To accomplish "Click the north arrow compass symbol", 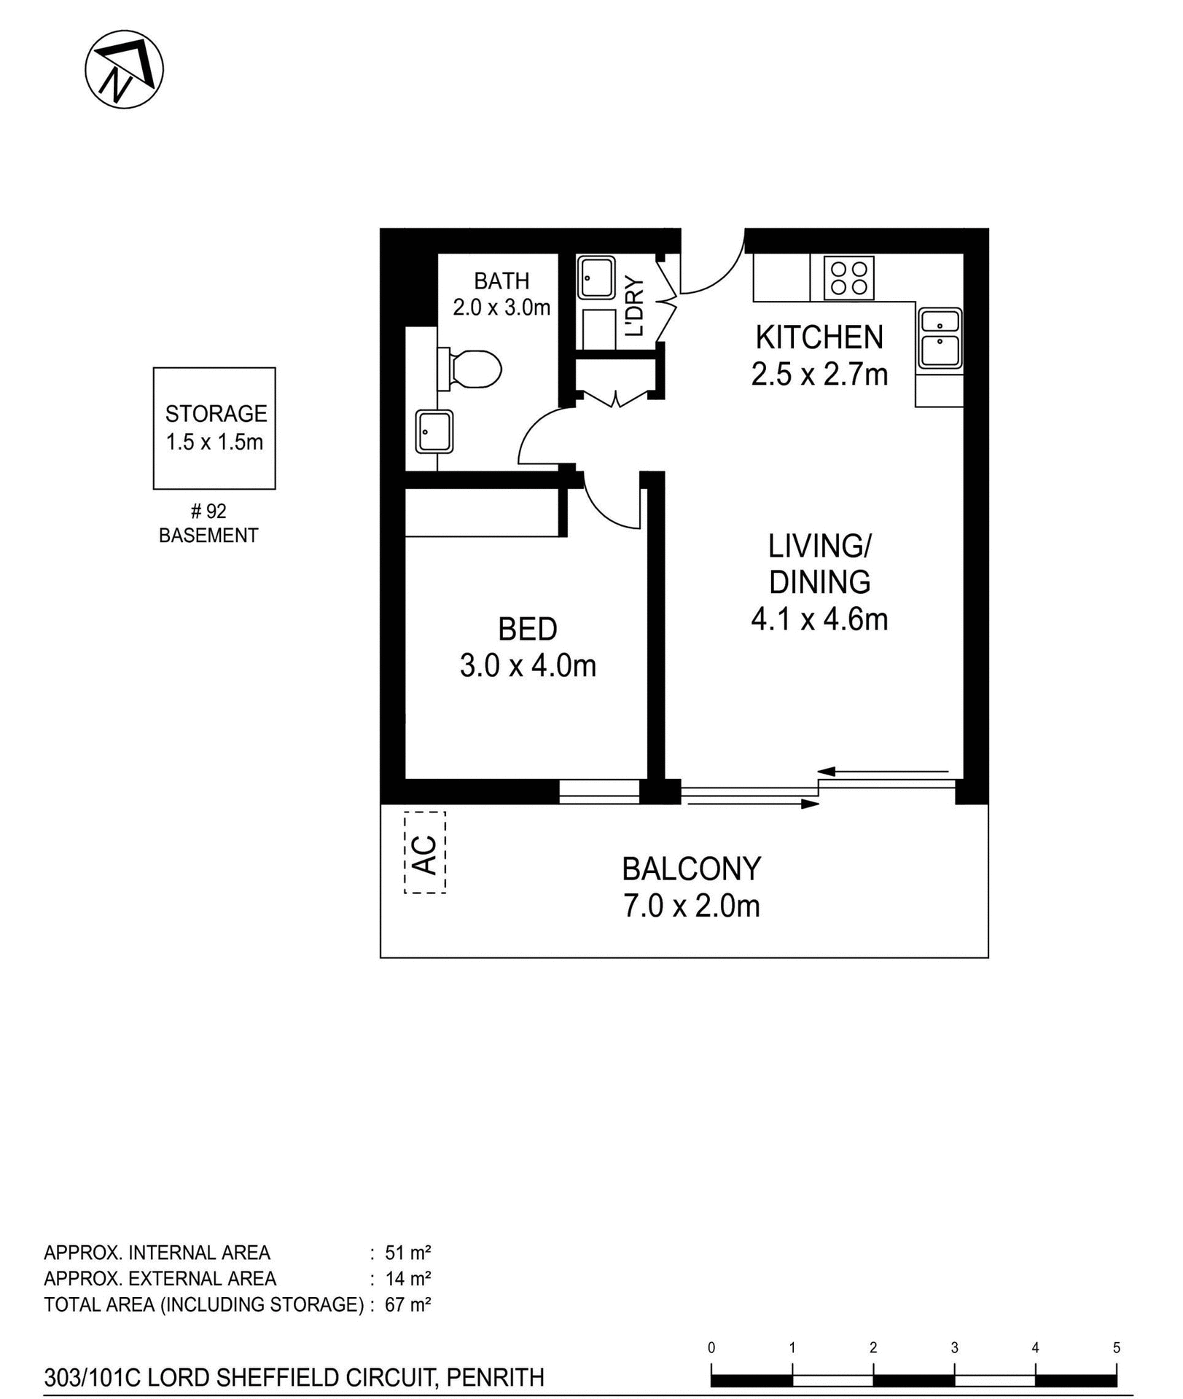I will coord(124,70).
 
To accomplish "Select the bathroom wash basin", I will coord(434,431).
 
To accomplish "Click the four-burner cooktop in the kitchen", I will coord(848,278).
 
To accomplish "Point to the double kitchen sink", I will coord(940,339).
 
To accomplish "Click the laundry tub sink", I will coord(596,278).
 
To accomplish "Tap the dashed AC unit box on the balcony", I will coord(425,853).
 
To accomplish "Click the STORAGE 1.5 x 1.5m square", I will coord(214,428).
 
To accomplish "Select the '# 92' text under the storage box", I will coord(208,512).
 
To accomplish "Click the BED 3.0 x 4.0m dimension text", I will coord(528,666).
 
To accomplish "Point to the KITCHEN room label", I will coord(819,337).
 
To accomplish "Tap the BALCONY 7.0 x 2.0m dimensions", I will coord(691,906).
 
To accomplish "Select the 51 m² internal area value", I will coord(407,1253).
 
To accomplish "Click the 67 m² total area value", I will coord(407,1304).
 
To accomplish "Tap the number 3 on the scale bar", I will coord(954,1348).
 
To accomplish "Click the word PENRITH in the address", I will coord(495,1378).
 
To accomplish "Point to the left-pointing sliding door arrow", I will coord(883,771).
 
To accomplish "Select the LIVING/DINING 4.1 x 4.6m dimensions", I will coord(819,620).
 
